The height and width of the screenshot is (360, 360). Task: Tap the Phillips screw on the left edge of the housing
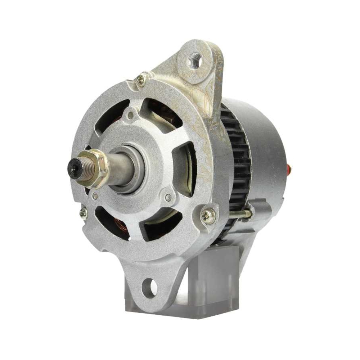(83, 213)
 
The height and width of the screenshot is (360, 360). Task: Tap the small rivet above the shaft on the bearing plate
(131, 115)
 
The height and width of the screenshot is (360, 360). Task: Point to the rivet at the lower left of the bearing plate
(95, 197)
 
